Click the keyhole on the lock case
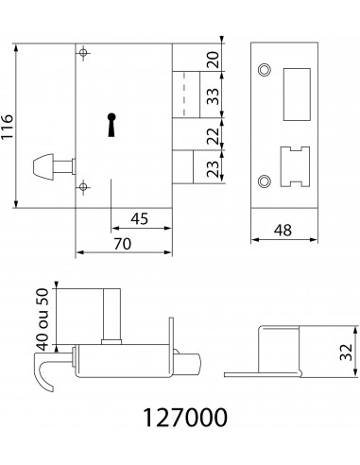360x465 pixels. pos(111,125)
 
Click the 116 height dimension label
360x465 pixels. pos(7,127)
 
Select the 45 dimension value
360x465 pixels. pos(139,218)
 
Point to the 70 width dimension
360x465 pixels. pos(123,244)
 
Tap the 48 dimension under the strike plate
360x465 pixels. pos(283,231)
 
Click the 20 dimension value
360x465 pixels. pos(214,60)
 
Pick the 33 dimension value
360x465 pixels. pos(214,96)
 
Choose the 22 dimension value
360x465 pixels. pos(214,135)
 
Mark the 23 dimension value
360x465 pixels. pos(214,169)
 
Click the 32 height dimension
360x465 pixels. pos(346,352)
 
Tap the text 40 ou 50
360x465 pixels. pos(43,319)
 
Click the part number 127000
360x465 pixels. pos(185,418)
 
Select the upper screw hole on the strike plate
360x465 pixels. pos(265,70)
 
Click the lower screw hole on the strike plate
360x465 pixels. pos(265,181)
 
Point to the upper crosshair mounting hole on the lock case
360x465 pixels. pos(83,53)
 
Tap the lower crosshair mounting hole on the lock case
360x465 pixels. pos(83,187)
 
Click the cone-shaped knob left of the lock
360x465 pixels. pos(43,166)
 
